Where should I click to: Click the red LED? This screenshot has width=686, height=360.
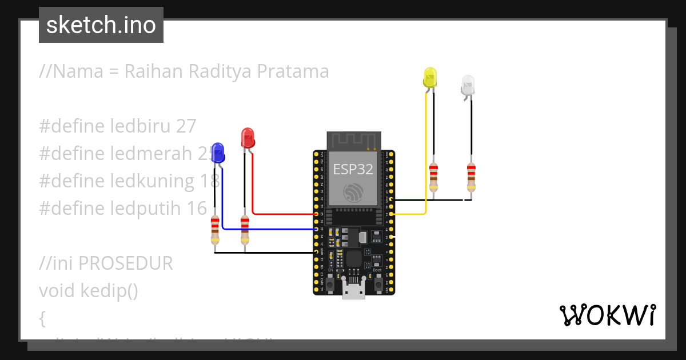click(x=248, y=138)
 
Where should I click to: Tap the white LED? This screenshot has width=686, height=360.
click(x=468, y=85)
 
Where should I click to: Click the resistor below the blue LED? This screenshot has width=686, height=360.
click(x=215, y=230)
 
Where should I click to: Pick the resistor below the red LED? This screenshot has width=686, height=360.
click(x=245, y=230)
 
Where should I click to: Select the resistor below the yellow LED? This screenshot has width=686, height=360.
click(x=433, y=177)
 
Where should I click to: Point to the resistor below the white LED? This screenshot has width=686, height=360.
click(x=470, y=177)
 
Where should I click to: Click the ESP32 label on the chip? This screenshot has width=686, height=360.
click(x=353, y=169)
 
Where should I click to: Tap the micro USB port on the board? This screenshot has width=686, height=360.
click(x=354, y=290)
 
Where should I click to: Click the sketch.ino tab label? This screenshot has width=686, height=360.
click(x=101, y=25)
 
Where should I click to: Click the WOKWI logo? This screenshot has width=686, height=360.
click(x=607, y=315)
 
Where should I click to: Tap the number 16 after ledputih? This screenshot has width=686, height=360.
click(x=197, y=209)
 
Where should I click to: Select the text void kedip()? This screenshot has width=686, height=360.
click(x=89, y=291)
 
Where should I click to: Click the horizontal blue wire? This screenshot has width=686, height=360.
click(x=269, y=229)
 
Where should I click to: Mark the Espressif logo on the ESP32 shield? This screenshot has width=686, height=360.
click(x=353, y=193)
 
